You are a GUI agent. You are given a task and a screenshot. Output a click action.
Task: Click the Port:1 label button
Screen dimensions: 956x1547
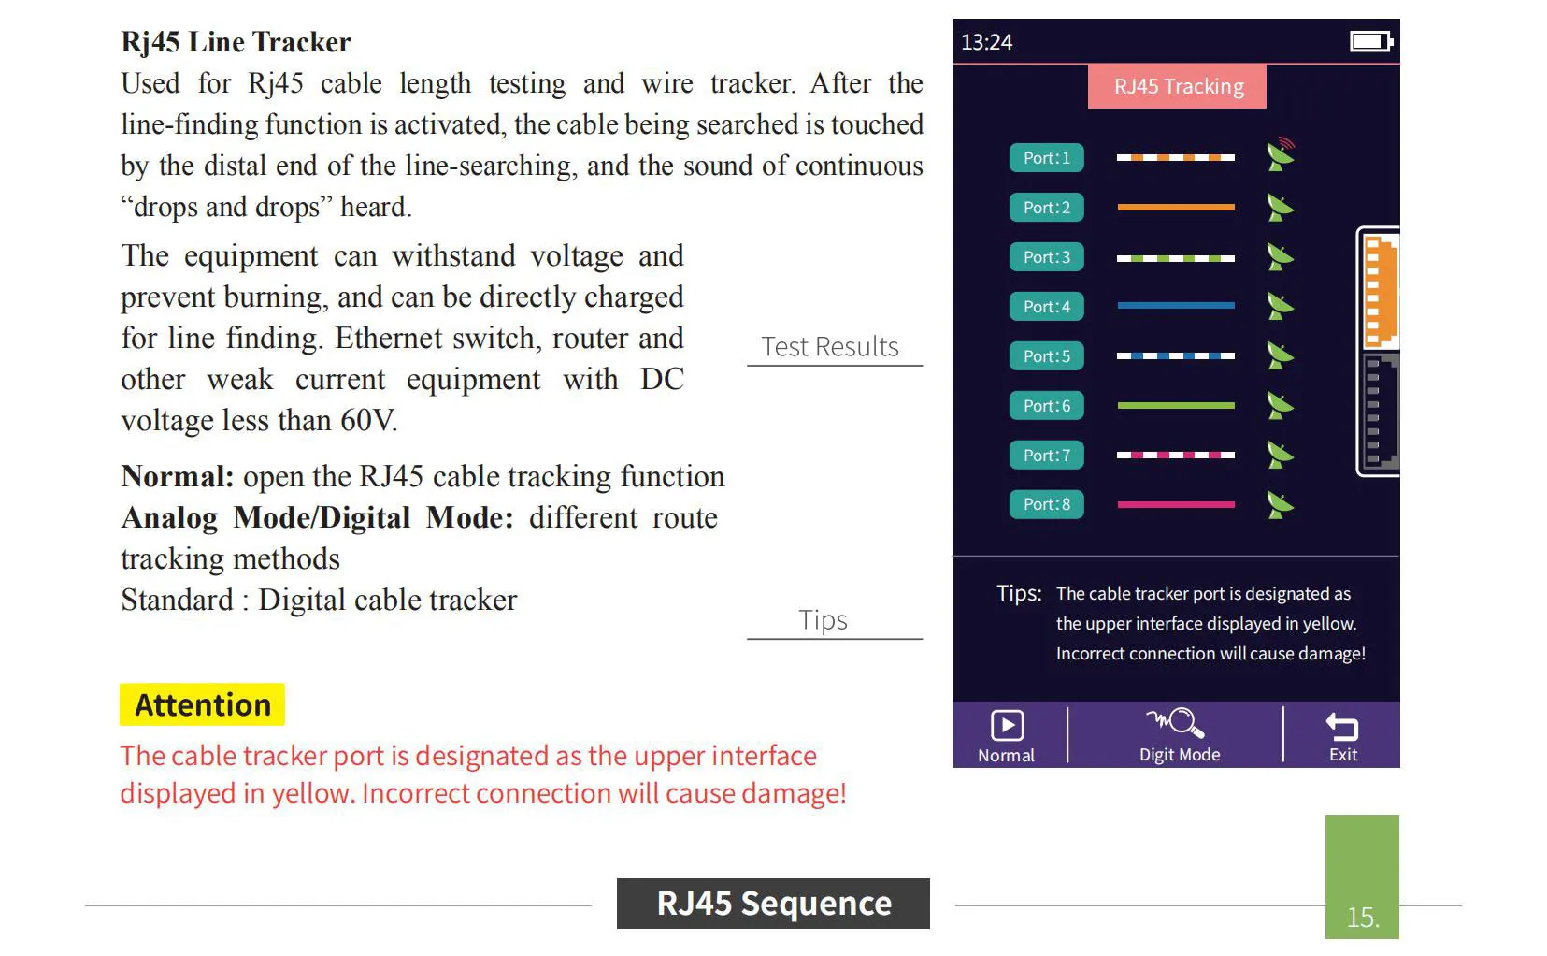pyautogui.click(x=1046, y=158)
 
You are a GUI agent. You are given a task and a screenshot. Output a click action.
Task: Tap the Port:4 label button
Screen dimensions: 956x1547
pyautogui.click(x=1046, y=307)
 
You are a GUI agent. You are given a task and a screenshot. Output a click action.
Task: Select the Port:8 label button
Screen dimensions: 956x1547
pyautogui.click(x=1046, y=504)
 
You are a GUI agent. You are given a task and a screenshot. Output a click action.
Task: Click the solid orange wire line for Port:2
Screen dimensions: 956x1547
pyautogui.click(x=1175, y=208)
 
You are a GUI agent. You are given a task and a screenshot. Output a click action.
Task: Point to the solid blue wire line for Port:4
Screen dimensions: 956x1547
pyautogui.click(x=1175, y=306)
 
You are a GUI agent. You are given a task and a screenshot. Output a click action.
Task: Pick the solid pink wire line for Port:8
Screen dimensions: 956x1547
pyautogui.click(x=1175, y=504)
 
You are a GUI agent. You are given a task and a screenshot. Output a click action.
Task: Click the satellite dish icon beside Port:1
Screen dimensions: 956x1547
pyautogui.click(x=1280, y=155)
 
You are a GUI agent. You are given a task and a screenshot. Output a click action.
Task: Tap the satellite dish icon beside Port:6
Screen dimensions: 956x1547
pyautogui.click(x=1280, y=405)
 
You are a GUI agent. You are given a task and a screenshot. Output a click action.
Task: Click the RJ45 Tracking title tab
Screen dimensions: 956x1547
pyautogui.click(x=1178, y=87)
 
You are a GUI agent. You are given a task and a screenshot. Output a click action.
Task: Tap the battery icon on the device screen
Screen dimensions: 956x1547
pyautogui.click(x=1371, y=41)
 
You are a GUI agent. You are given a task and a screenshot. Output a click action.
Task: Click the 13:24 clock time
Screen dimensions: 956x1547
pyautogui.click(x=986, y=42)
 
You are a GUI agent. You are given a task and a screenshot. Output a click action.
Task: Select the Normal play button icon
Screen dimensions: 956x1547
pyautogui.click(x=1007, y=726)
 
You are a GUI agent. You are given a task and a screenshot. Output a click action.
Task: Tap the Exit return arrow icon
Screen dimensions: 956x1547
pyautogui.click(x=1342, y=726)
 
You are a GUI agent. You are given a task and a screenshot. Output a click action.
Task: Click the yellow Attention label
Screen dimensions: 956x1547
pyautogui.click(x=202, y=704)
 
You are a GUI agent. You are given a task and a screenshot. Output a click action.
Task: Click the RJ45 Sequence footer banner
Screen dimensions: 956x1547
pyautogui.click(x=773, y=904)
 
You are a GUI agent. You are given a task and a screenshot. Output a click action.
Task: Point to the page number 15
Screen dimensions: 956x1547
pyautogui.click(x=1362, y=917)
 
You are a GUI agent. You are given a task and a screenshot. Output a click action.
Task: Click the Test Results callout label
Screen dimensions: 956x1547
pyautogui.click(x=829, y=347)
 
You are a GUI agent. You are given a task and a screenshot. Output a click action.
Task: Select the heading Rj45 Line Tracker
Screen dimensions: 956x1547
pyautogui.click(x=236, y=42)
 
